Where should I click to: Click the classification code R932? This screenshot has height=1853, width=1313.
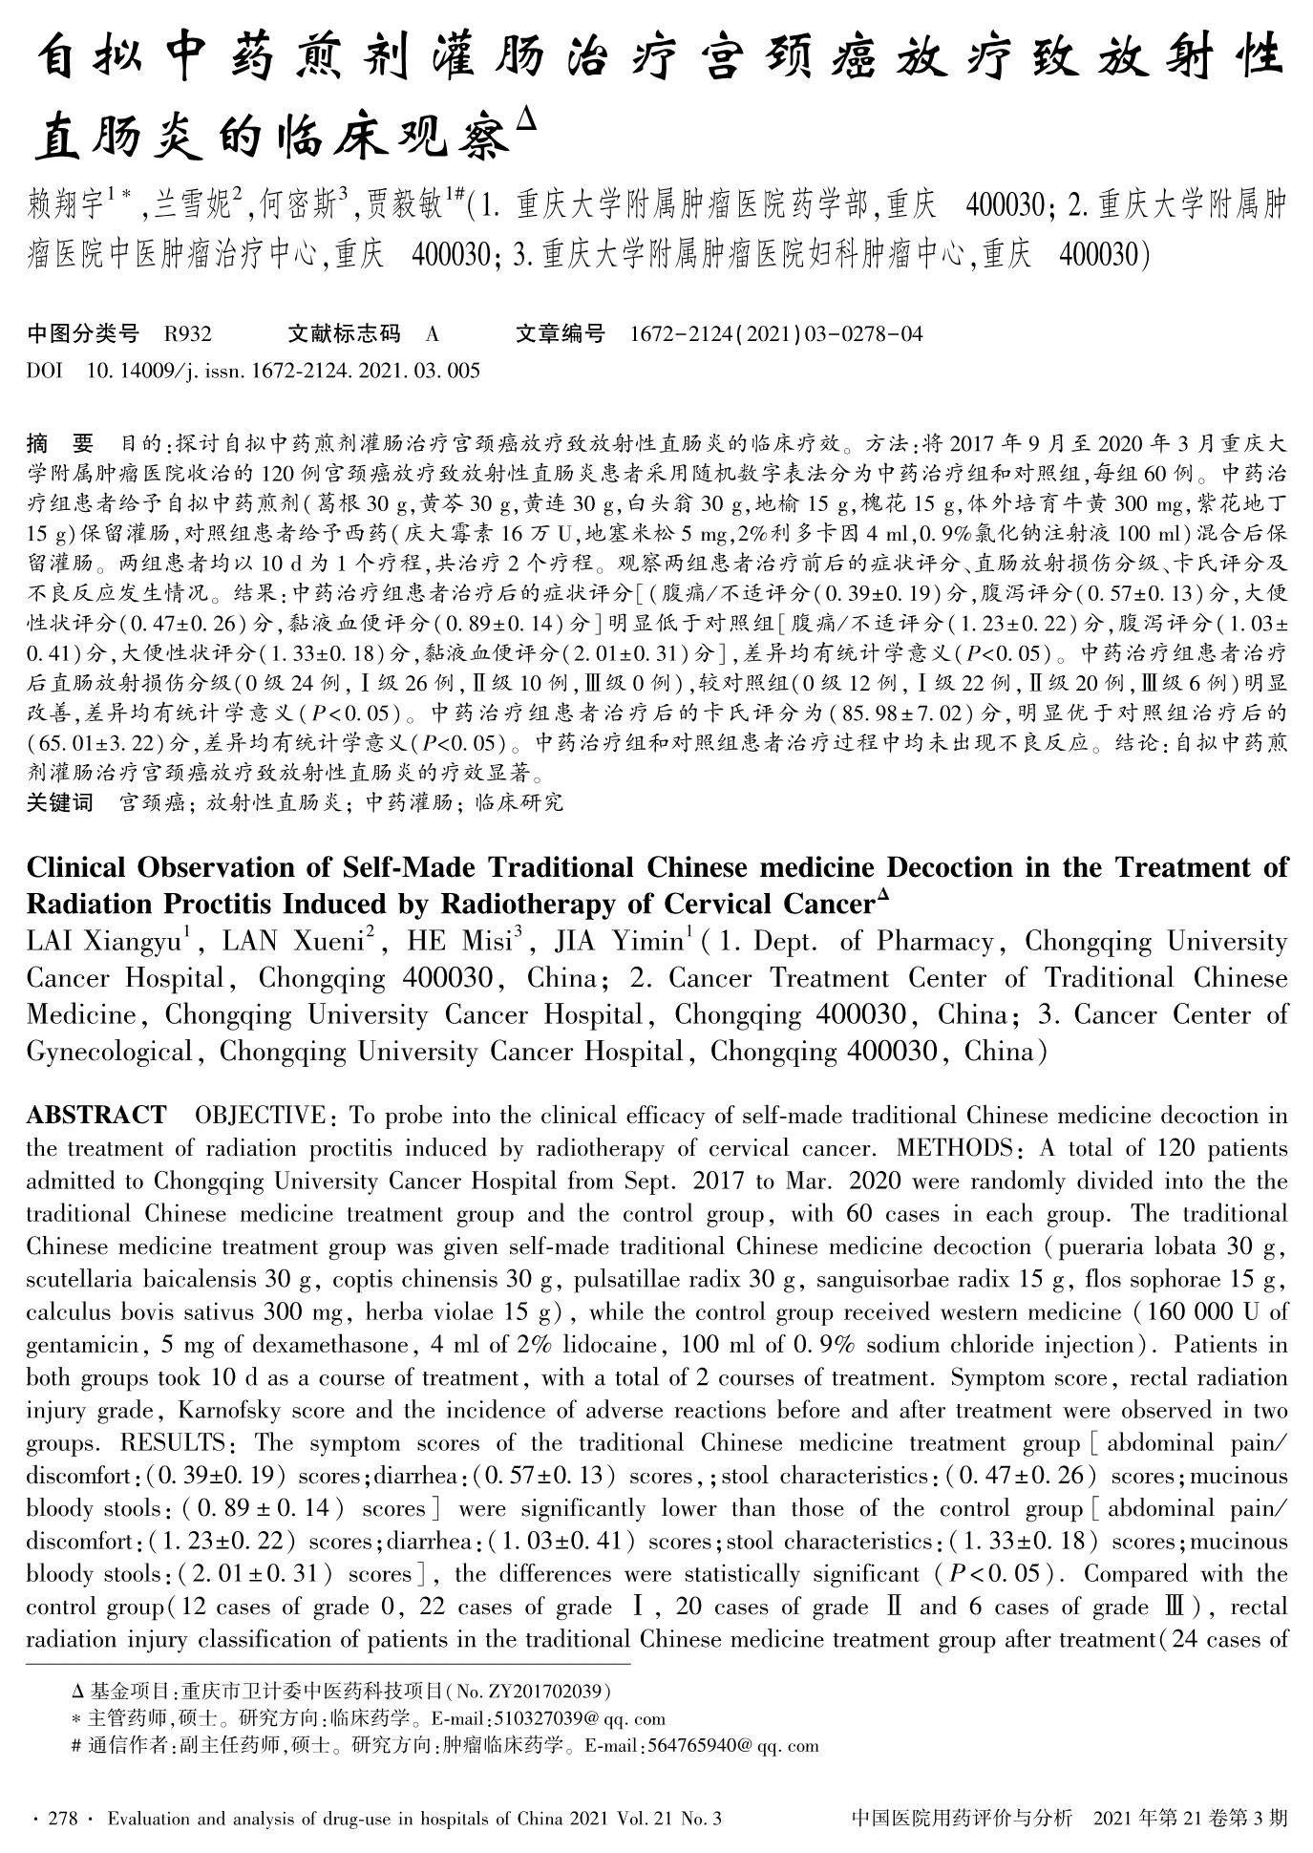(187, 334)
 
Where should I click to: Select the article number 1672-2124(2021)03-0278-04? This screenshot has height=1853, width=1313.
(777, 334)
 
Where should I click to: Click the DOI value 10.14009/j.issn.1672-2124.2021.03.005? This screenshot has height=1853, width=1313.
(284, 370)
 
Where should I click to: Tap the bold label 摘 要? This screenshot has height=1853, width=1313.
(60, 443)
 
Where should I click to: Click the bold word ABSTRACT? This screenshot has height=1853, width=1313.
(96, 1116)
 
